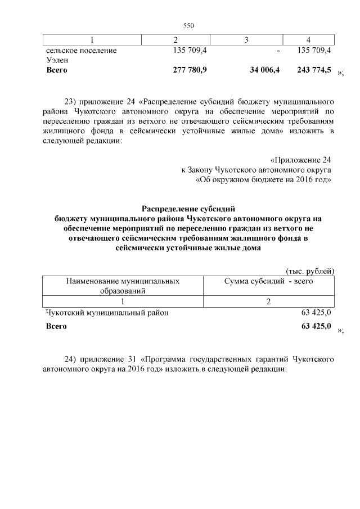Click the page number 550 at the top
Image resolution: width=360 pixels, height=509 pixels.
coord(188,26)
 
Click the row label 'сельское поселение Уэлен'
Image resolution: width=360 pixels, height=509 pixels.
coord(81,55)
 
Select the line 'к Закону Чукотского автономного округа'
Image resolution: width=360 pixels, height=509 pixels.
coord(256,169)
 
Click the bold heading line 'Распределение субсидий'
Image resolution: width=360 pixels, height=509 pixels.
coord(188,209)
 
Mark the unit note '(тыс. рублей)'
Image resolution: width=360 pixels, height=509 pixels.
coord(310,271)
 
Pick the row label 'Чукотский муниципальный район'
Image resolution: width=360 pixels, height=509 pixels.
coord(107,312)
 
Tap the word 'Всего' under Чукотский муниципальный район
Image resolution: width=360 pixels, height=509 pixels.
coord(56,327)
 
